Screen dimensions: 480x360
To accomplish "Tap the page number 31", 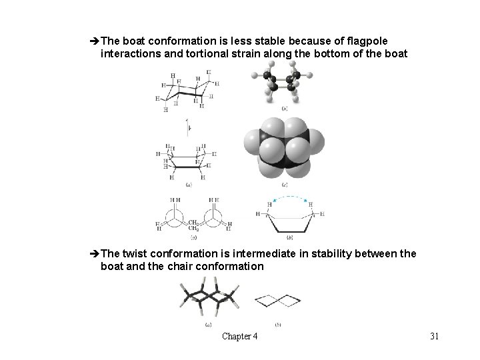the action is pos(434,336).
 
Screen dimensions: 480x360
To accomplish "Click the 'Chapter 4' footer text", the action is pos(240,336).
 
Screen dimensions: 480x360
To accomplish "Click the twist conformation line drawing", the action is pos(277,301).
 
